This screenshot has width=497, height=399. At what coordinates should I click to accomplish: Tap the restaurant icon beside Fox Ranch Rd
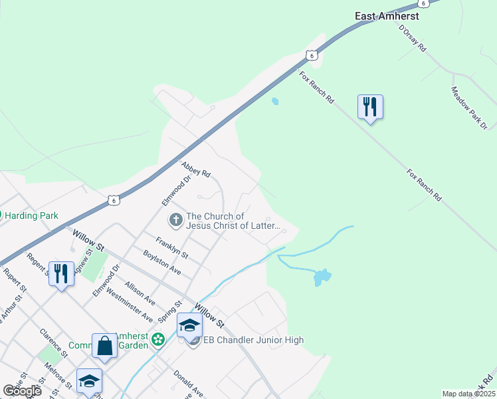(370, 106)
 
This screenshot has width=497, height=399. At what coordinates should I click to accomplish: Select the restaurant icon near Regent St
(61, 273)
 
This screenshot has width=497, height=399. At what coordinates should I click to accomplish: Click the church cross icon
(176, 219)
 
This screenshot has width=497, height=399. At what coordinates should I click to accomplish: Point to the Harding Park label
(33, 215)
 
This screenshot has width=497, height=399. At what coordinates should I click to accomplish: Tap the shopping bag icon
(104, 345)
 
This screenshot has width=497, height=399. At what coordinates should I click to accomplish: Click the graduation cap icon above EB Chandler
(189, 325)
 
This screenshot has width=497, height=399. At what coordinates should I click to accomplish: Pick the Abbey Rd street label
(196, 169)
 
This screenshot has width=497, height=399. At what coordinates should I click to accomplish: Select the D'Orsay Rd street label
(412, 39)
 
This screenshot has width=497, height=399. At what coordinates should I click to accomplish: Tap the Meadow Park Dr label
(469, 108)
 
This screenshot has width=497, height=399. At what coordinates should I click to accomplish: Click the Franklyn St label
(172, 248)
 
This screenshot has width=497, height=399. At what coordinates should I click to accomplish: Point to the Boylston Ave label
(162, 263)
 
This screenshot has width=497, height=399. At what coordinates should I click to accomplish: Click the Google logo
(22, 391)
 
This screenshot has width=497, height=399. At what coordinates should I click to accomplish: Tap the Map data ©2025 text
(468, 394)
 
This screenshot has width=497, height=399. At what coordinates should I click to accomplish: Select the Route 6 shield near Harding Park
(114, 199)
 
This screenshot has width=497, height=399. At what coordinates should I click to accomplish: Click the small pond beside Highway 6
(275, 102)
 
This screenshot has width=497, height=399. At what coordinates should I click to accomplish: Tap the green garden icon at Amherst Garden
(158, 340)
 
